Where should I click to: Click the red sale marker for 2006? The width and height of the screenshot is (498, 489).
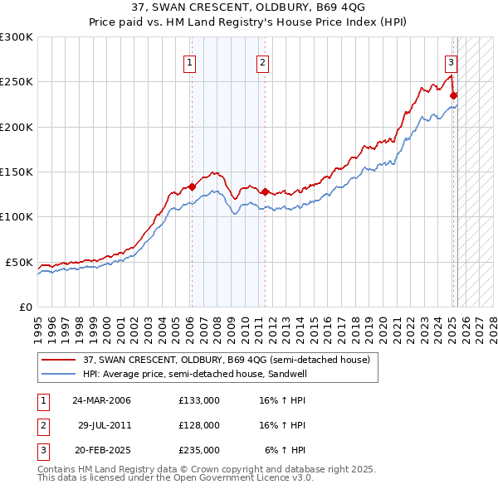coord(192,186)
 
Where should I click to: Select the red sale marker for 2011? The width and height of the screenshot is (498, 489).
coord(265,191)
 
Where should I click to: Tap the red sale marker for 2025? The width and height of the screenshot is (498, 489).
coord(454,95)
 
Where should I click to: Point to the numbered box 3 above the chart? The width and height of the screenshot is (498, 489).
coord(451,61)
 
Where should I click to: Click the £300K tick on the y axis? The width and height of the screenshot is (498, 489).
coord(17,37)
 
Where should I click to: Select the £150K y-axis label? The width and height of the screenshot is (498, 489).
coord(17,172)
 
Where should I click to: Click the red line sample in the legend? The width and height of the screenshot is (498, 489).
coord(59,360)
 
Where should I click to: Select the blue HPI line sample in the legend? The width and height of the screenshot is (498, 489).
coord(59,374)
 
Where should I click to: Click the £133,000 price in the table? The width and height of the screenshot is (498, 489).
coord(198,399)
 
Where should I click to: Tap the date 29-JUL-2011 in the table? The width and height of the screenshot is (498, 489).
coord(105,425)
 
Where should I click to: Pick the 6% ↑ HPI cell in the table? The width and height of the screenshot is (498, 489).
coord(284,450)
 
